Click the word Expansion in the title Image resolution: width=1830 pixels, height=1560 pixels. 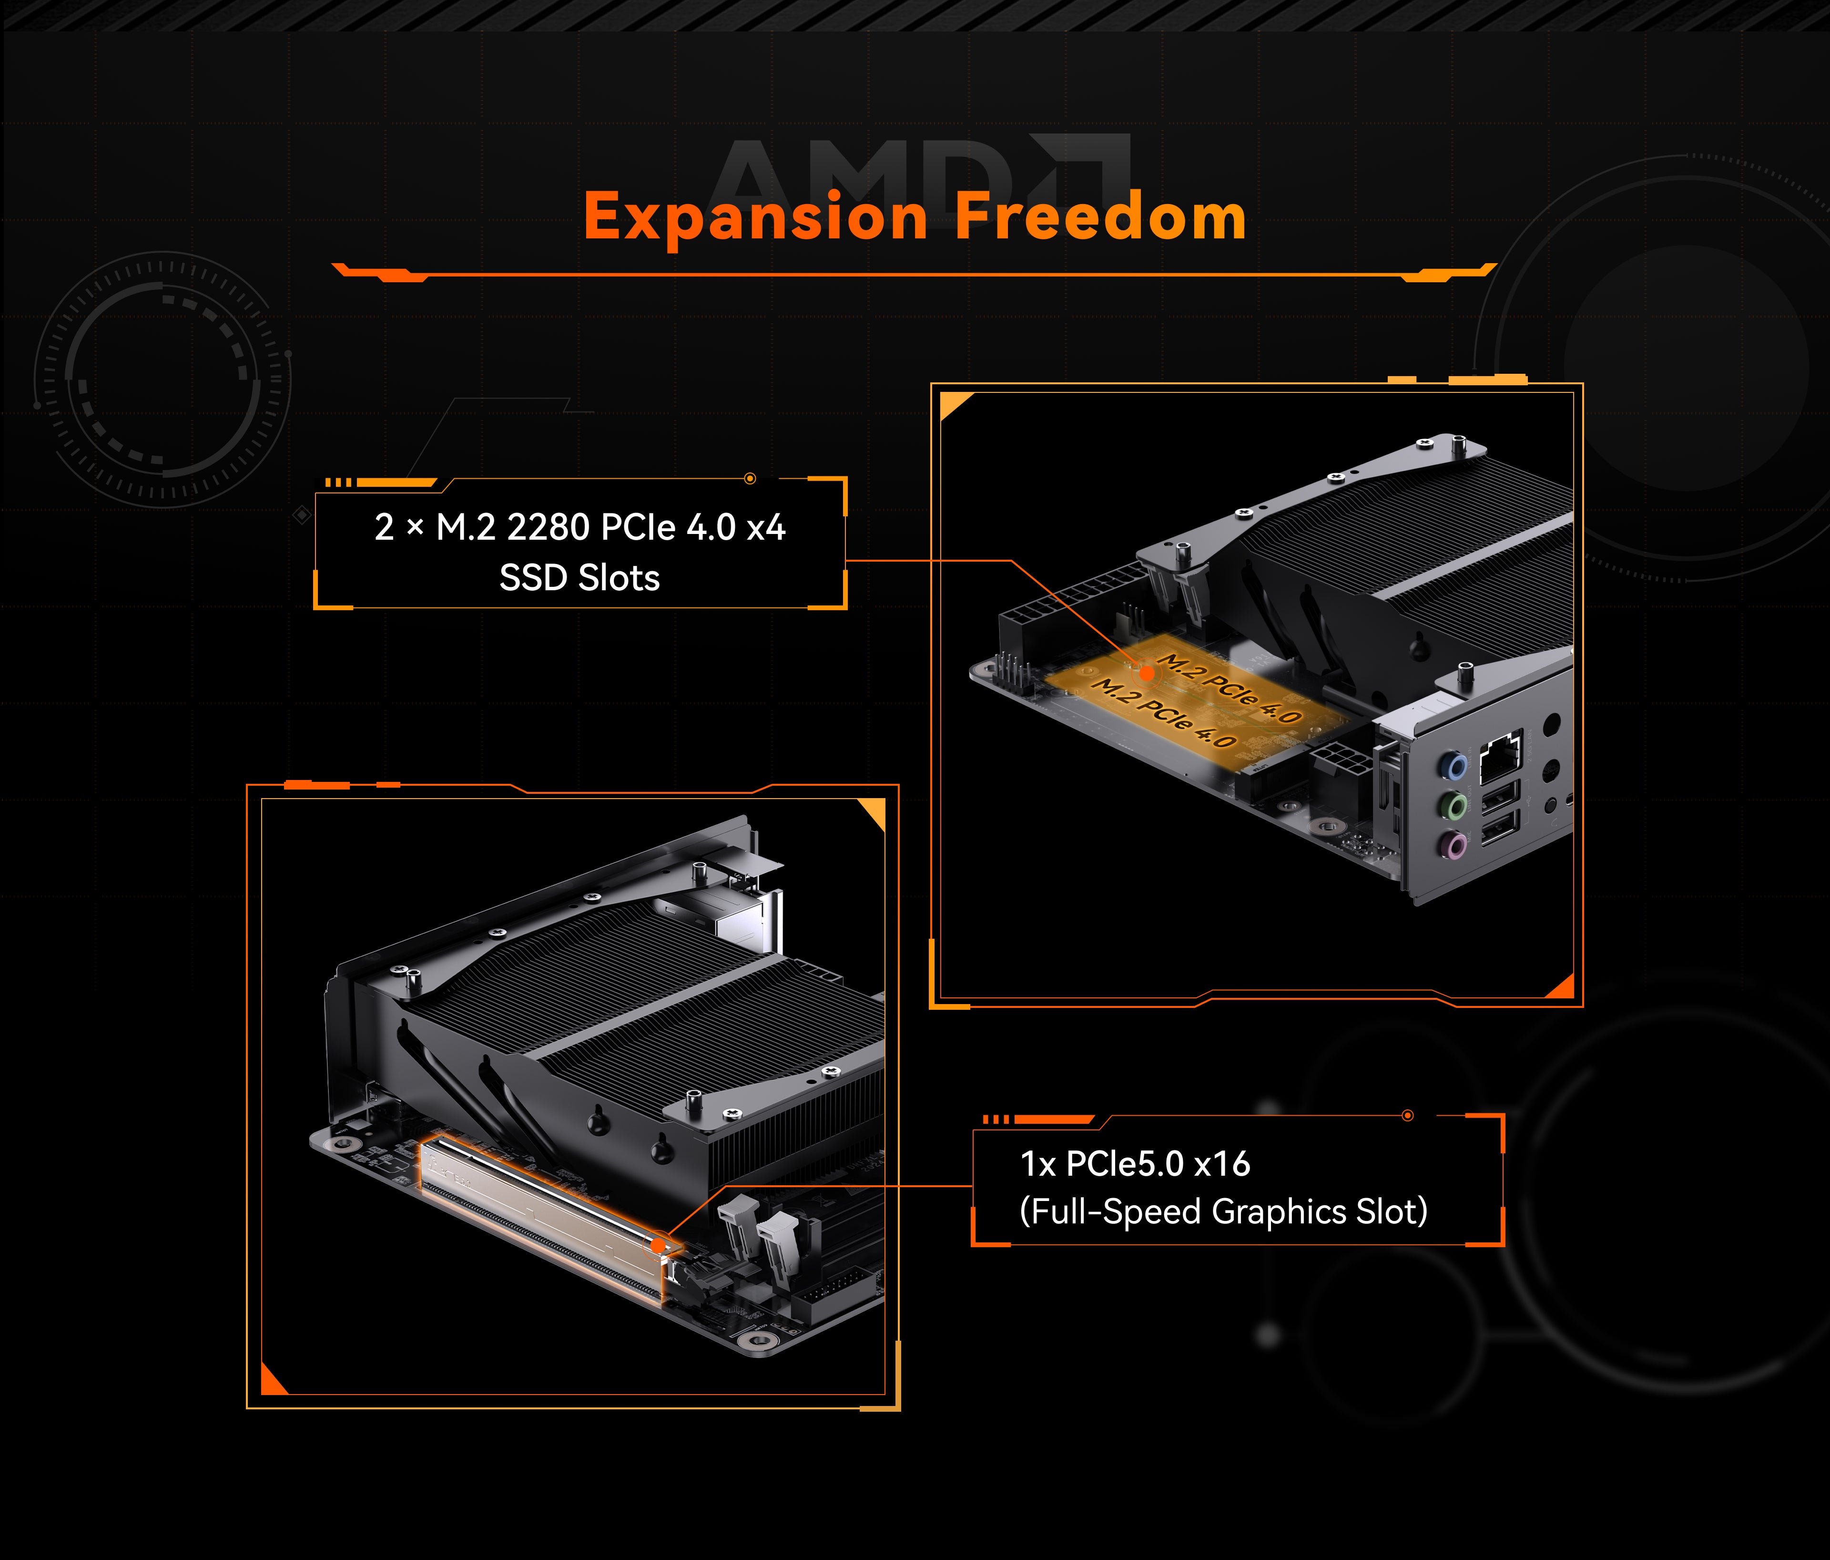point(755,217)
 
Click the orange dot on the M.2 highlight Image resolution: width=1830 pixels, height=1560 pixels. point(1147,673)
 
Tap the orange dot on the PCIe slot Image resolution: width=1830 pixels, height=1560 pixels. point(658,1245)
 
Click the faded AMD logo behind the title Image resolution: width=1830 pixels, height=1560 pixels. point(918,177)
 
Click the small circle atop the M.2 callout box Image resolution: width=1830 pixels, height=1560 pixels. point(750,479)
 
